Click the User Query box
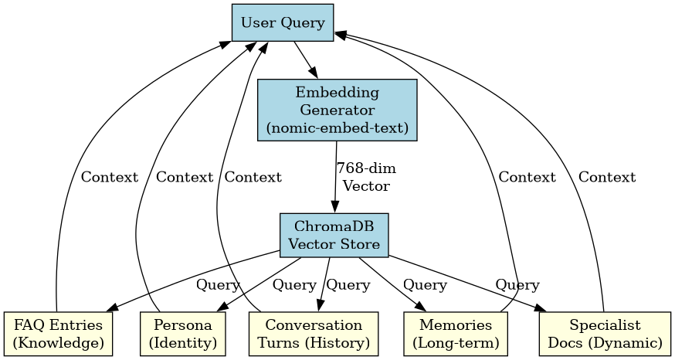point(283,22)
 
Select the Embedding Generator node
point(337,110)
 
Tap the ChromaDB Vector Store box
point(334,235)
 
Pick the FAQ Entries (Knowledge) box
point(59,334)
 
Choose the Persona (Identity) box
point(184,334)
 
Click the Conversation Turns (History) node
point(314,334)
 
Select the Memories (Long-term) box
point(453,334)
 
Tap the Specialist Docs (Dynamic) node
point(605,334)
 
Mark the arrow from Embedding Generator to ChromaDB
point(335,178)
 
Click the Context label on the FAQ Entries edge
point(110,177)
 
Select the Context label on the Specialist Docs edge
point(607,177)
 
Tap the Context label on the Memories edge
point(527,177)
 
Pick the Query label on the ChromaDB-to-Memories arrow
point(425,285)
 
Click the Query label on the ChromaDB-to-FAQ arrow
point(218,285)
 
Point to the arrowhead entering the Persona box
point(221,308)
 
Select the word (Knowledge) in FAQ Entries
point(59,342)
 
